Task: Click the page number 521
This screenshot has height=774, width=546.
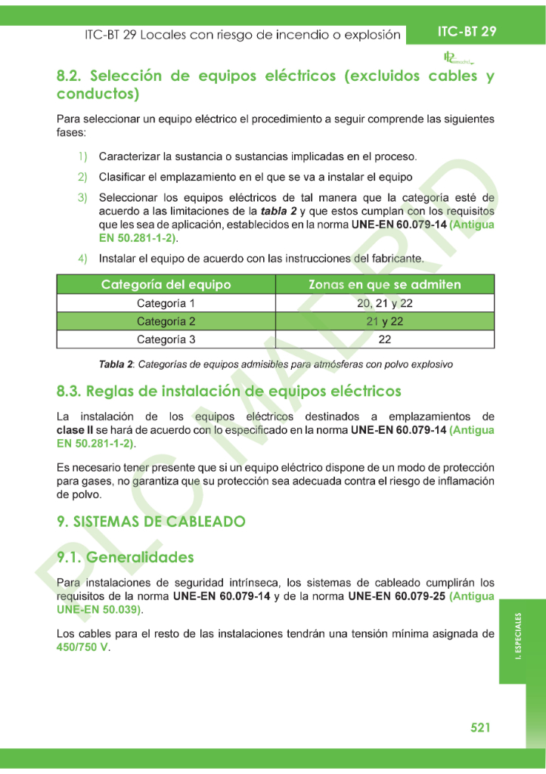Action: tap(480, 727)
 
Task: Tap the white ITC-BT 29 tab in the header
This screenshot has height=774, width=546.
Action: tap(467, 32)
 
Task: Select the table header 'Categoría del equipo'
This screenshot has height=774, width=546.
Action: tap(166, 285)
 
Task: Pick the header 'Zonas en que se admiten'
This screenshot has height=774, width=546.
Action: tap(384, 285)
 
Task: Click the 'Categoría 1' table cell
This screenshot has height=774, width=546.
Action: tap(166, 303)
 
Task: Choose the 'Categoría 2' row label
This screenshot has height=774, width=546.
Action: tap(166, 321)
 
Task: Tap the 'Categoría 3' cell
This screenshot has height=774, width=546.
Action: tap(166, 339)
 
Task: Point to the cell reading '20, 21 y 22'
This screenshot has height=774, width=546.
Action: tap(384, 303)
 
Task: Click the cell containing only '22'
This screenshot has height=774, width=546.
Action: tap(384, 339)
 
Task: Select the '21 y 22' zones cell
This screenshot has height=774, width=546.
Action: tap(384, 321)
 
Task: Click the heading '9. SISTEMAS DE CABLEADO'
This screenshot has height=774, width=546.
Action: tap(151, 522)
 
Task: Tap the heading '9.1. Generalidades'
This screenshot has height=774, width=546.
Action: tap(126, 557)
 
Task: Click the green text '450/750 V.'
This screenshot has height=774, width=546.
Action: tap(83, 648)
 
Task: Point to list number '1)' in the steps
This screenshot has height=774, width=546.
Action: tap(82, 156)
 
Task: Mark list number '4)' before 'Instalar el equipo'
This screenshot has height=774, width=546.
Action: tap(82, 259)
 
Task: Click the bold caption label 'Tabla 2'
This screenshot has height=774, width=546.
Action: tap(116, 364)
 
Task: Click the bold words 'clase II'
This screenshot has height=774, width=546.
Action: tap(76, 430)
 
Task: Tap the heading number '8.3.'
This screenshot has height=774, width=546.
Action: tap(69, 392)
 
